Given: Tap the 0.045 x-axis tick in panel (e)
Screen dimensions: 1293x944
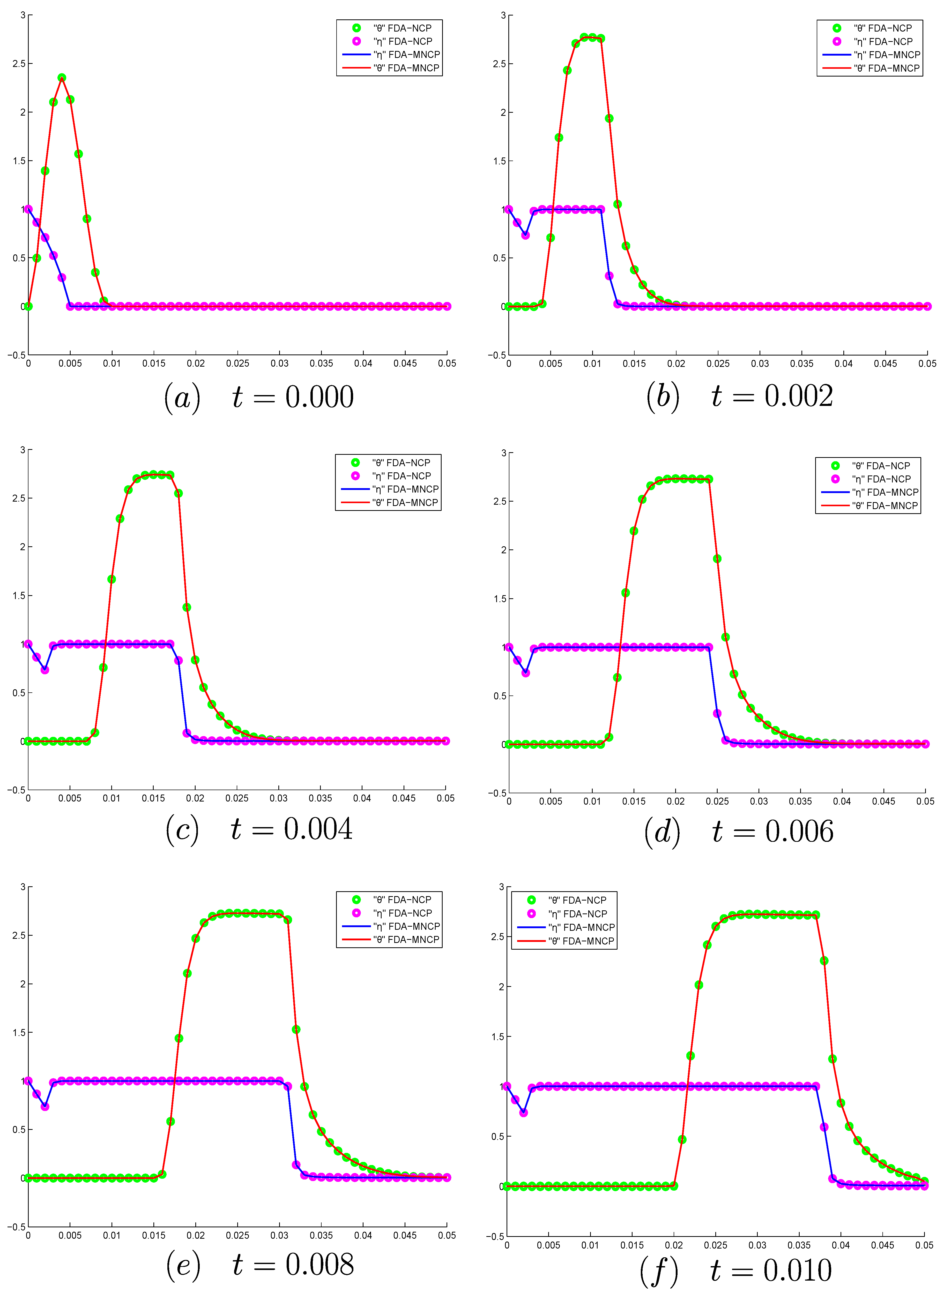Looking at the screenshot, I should click(x=405, y=1235).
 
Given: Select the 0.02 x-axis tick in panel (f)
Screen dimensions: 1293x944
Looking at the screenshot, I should click(x=674, y=1245).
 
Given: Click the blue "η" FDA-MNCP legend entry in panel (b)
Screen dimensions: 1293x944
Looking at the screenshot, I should click(x=871, y=55).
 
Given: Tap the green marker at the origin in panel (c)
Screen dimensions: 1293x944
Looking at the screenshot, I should click(x=28, y=741).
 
